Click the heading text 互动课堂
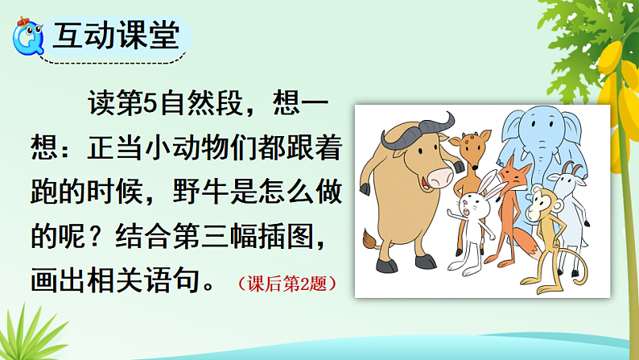117,35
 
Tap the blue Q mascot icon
28,36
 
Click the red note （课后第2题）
287,283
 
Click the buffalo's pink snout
439,176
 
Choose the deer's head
472,147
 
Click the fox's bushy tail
526,245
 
